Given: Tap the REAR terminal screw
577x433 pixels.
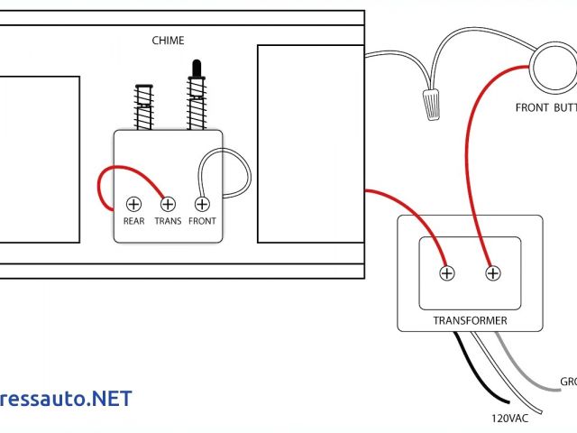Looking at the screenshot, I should [x=133, y=203].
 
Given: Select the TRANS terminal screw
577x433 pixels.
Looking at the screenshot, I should [x=168, y=203].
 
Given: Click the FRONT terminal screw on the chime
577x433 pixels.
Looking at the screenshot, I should [x=202, y=203].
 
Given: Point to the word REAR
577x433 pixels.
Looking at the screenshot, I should [x=133, y=221].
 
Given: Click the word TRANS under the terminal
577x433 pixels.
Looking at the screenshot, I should [x=168, y=221].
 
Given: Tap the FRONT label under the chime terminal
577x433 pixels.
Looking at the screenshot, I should [x=202, y=221].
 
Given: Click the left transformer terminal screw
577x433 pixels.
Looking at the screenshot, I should [x=445, y=272].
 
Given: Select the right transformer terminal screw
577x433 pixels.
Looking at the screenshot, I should [x=492, y=272].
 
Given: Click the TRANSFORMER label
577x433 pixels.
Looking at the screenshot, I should [x=470, y=320].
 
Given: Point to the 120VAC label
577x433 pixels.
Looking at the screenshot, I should [x=510, y=419].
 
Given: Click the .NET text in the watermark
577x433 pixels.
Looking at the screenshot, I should [x=107, y=399].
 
